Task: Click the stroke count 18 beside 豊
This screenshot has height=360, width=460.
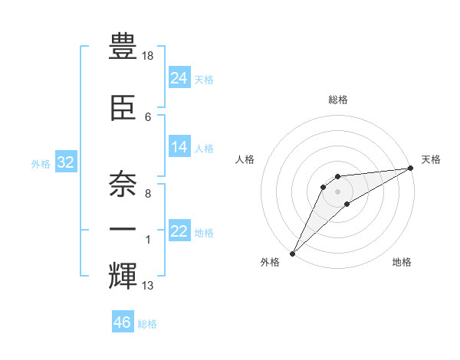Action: click(148, 57)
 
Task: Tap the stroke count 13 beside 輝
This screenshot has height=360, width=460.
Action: click(148, 286)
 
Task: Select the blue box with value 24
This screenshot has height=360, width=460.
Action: click(179, 78)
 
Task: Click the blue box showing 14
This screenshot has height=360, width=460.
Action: click(179, 147)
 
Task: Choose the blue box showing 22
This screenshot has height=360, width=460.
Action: click(179, 231)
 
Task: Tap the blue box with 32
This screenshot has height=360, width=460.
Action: click(65, 162)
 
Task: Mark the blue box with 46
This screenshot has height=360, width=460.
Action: click(123, 322)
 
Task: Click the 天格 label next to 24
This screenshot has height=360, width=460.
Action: click(204, 80)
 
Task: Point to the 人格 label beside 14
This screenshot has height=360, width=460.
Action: click(204, 149)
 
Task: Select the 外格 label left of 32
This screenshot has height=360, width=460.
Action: click(41, 164)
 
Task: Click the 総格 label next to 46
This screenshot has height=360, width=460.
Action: click(147, 324)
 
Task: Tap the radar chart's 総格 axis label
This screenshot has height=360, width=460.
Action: click(337, 100)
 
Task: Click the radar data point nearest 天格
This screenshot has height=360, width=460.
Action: click(410, 169)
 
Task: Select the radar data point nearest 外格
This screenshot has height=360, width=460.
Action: click(292, 253)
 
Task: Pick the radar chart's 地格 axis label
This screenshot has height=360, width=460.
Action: click(402, 263)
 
